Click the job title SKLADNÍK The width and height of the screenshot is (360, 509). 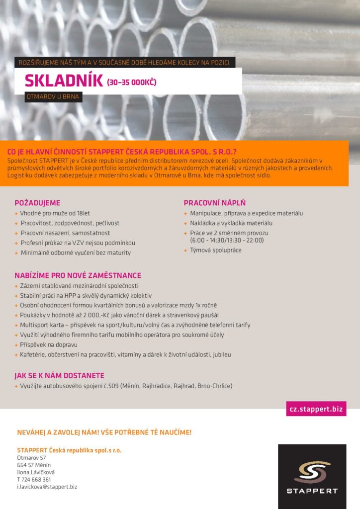click(x=64, y=81)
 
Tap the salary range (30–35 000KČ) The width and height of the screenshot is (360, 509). click(x=132, y=82)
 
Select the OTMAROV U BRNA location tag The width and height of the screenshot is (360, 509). click(x=54, y=97)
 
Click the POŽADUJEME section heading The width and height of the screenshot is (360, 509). click(x=37, y=203)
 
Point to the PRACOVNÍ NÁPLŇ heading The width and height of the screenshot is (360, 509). click(x=215, y=203)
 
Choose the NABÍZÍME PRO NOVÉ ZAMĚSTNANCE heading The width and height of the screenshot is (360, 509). click(x=78, y=275)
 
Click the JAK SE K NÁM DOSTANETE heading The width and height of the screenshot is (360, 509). click(x=60, y=376)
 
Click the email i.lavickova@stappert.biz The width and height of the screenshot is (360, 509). click(x=47, y=487)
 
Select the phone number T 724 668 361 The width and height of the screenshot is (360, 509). click(x=34, y=480)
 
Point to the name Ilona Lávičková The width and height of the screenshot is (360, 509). click(x=36, y=472)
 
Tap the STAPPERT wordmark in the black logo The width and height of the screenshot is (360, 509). click(x=312, y=491)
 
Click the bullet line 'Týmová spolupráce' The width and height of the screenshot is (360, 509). click(x=215, y=250)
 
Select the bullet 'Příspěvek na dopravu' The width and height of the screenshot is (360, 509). click(x=49, y=345)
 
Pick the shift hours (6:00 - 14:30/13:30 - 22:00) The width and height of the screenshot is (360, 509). click(x=227, y=240)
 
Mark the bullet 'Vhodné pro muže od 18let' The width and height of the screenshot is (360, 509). click(x=55, y=213)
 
